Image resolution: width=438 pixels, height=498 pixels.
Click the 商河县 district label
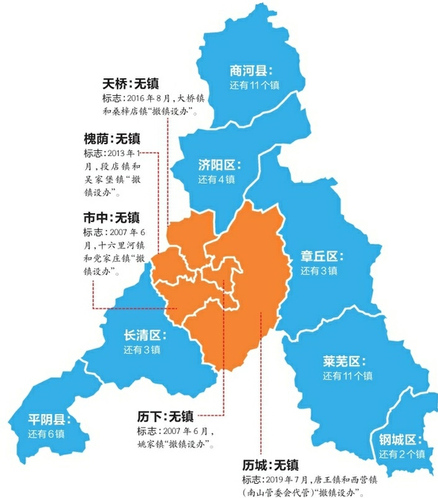click(x=251, y=71)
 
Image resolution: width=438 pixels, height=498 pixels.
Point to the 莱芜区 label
click(x=342, y=362)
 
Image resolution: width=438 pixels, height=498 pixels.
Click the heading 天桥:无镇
click(x=131, y=83)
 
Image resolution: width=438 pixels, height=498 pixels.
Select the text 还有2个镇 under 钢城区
click(x=402, y=454)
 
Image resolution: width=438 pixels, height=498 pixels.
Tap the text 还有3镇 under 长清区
click(x=142, y=350)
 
